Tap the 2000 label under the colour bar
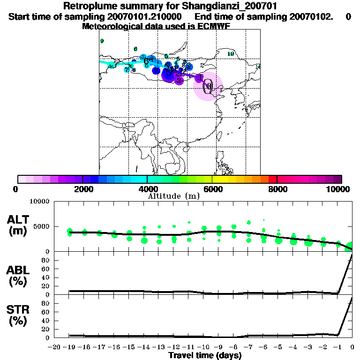coord(82,189)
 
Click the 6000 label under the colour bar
coord(212,189)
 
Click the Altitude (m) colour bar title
coord(173,196)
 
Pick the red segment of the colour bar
coord(272,179)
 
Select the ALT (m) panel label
coord(18,225)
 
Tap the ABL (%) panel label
coord(18,276)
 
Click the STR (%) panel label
coord(18,315)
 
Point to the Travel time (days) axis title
coord(205,356)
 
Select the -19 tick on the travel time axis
coord(70,347)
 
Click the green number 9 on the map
coord(102,41)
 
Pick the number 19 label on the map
coord(230,54)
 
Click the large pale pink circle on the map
coord(208,86)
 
